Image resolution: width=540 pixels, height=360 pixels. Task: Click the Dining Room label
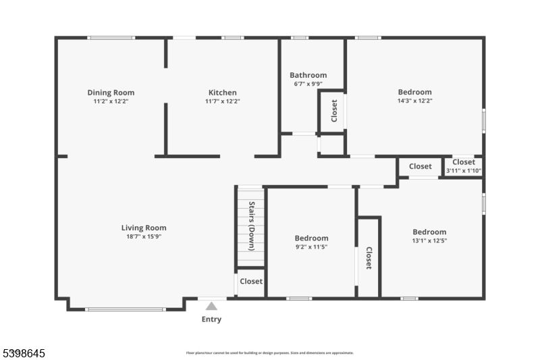click(x=111, y=93)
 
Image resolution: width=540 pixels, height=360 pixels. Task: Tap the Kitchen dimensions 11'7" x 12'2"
click(x=222, y=101)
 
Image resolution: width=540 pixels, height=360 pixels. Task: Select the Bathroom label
click(x=308, y=75)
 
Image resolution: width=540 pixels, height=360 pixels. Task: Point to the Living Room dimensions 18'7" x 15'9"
click(x=143, y=236)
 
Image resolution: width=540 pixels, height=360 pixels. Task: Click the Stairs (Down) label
click(x=251, y=222)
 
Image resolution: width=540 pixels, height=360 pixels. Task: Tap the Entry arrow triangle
click(x=211, y=306)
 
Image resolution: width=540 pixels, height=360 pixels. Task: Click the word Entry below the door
click(x=211, y=319)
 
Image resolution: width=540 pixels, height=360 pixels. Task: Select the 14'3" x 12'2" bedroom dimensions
click(x=414, y=101)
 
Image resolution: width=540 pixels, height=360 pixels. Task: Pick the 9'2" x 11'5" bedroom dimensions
click(x=311, y=247)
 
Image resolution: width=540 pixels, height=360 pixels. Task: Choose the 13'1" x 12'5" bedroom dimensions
click(x=429, y=240)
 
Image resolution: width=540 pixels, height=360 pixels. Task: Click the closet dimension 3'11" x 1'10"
click(x=463, y=171)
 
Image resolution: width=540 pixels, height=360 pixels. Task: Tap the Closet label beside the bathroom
click(x=333, y=111)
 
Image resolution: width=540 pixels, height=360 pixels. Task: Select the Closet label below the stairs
click(x=251, y=281)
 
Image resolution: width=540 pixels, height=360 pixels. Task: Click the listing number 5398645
click(x=25, y=353)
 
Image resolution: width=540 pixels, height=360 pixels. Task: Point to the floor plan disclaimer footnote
click(x=269, y=353)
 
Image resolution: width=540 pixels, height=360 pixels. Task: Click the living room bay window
click(x=125, y=309)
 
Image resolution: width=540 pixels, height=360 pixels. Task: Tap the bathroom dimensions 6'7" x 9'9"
click(x=308, y=84)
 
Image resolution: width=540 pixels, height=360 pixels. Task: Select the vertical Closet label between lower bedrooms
click(x=369, y=258)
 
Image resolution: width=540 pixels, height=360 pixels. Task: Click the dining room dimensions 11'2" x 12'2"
click(x=111, y=101)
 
